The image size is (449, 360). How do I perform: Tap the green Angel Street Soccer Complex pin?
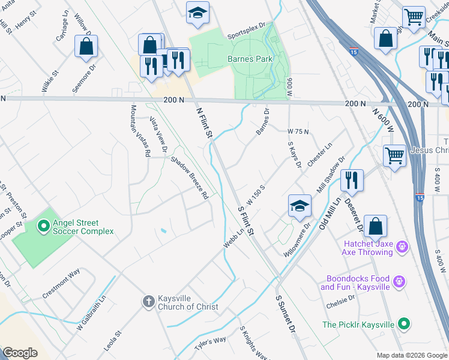pyautogui.click(x=43, y=226)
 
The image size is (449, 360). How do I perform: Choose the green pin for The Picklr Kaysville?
pyautogui.click(x=405, y=324)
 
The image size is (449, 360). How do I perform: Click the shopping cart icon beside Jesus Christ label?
pyautogui.click(x=394, y=155)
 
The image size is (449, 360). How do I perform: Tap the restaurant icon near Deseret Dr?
pyautogui.click(x=352, y=180)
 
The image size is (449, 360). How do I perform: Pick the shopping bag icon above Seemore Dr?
pyautogui.click(x=86, y=46)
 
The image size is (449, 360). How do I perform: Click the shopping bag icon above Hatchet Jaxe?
pyautogui.click(x=375, y=226)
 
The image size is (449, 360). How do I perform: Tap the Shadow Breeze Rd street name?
pyautogui.click(x=189, y=178)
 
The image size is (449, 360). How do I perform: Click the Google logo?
pyautogui.click(x=20, y=353)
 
